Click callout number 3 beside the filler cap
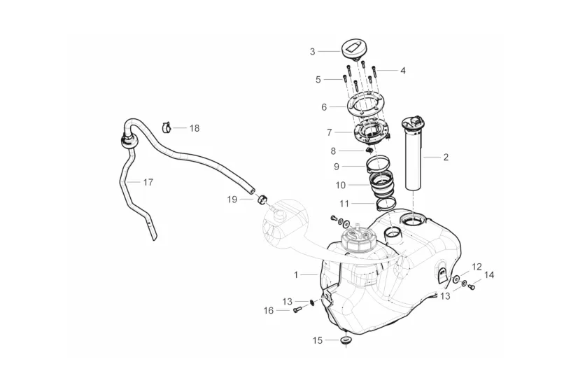(313, 51)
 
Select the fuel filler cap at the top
(353, 50)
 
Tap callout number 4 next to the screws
(403, 71)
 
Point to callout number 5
(318, 80)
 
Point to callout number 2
(446, 158)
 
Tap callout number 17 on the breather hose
(148, 182)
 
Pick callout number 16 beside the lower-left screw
(268, 310)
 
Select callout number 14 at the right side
(489, 275)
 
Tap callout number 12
(477, 267)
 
